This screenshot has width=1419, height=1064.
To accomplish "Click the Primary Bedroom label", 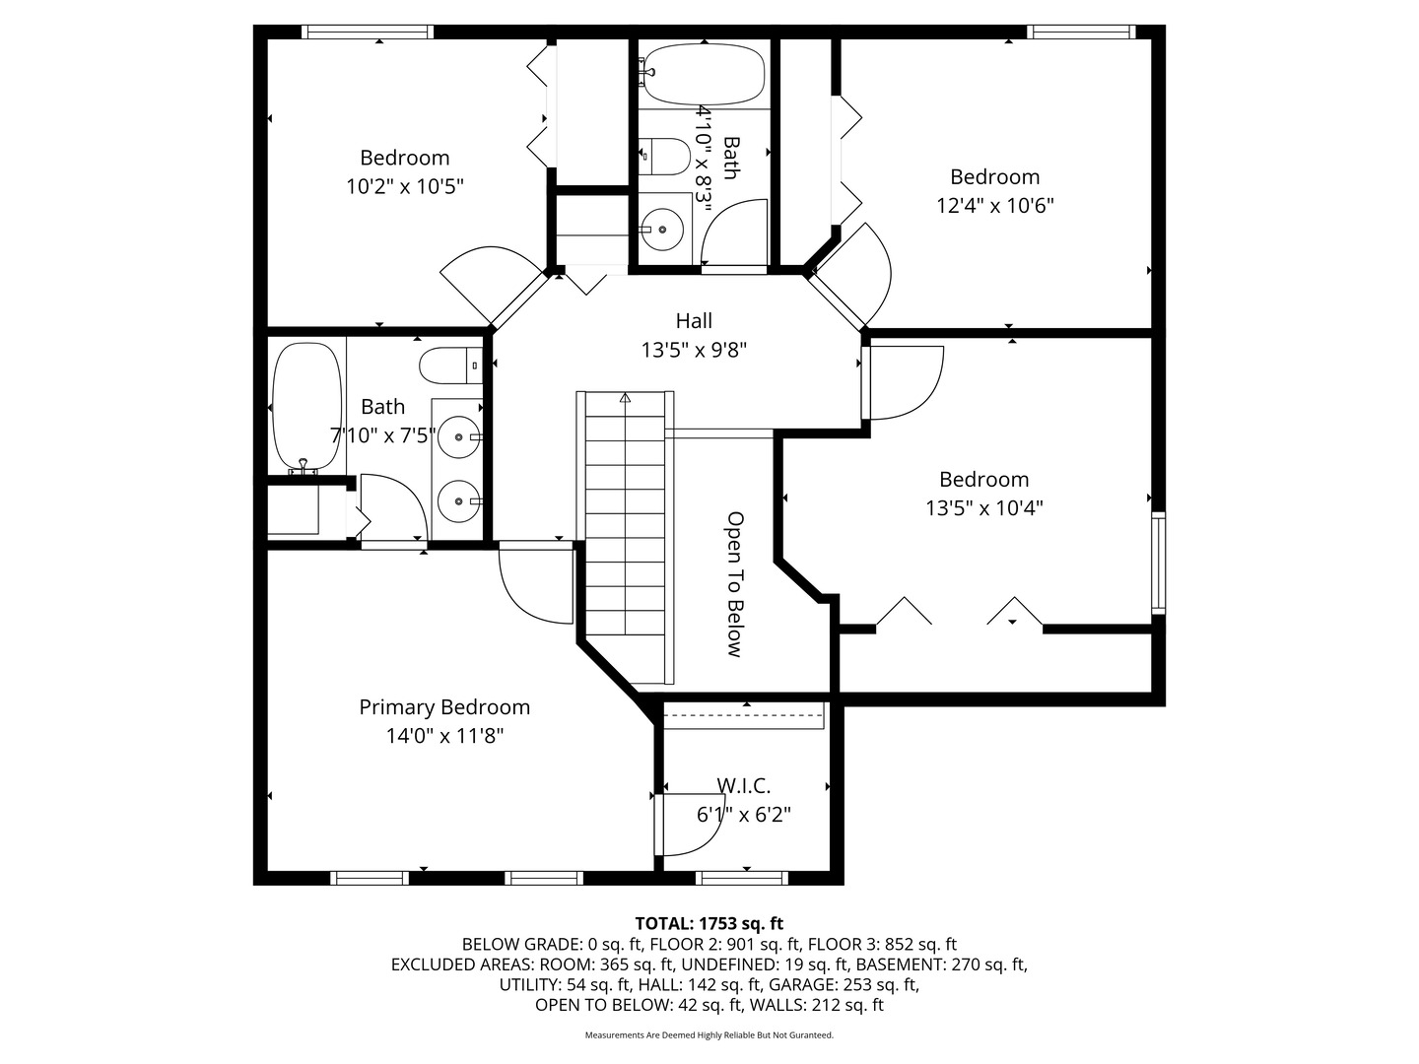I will click(x=443, y=707).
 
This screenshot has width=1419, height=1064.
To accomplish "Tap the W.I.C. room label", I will click(x=743, y=786).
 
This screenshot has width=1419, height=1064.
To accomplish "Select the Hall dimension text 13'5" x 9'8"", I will click(x=694, y=350).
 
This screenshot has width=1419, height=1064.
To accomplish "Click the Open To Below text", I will click(x=734, y=584).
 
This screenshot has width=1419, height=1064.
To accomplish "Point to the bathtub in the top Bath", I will click(x=702, y=76).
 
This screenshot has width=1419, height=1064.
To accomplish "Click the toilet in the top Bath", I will click(x=666, y=157).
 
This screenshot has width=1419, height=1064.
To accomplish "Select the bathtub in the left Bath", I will click(x=306, y=405).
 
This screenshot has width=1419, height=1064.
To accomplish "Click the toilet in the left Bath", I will click(x=449, y=366).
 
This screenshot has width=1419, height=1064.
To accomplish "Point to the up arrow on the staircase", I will click(x=625, y=398).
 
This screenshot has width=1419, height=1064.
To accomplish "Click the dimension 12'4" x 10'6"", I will click(x=994, y=206).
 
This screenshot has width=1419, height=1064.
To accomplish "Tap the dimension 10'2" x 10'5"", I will click(x=404, y=186).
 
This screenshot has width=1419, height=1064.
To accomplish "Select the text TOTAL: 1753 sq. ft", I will click(x=709, y=924).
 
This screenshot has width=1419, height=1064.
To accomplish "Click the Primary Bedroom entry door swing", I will click(x=534, y=587).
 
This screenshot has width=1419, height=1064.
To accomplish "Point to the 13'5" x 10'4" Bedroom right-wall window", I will click(x=1159, y=564).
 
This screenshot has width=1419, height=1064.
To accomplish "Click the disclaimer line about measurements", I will click(x=709, y=1035).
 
